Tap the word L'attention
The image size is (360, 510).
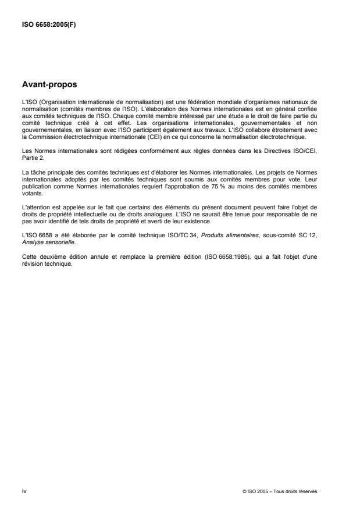[x=35, y=191]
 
